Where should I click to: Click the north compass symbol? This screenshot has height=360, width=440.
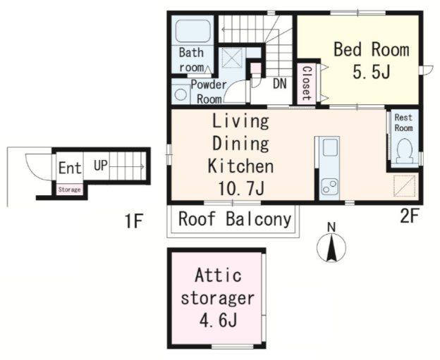[331, 244]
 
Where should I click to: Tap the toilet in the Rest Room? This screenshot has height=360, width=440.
[404, 151]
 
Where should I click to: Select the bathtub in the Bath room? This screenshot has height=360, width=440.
[192, 31]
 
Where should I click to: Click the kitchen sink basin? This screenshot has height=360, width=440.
[330, 147]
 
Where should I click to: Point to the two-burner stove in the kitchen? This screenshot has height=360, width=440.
[330, 186]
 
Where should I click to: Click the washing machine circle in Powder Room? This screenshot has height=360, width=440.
[181, 94]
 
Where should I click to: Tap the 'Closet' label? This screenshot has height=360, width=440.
[307, 83]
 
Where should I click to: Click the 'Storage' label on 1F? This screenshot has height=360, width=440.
[69, 190]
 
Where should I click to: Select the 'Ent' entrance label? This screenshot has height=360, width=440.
[70, 168]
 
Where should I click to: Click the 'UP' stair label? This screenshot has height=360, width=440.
[101, 166]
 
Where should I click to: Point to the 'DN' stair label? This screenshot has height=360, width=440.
[280, 83]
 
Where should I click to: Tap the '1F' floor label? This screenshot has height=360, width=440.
[134, 221]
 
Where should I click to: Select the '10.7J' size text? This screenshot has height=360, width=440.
[241, 188]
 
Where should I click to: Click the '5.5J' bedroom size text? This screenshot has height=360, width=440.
[372, 73]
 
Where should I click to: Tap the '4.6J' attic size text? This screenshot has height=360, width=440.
[219, 320]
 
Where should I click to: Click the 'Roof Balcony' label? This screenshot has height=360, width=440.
[235, 219]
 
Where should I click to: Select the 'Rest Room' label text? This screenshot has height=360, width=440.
[403, 123]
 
